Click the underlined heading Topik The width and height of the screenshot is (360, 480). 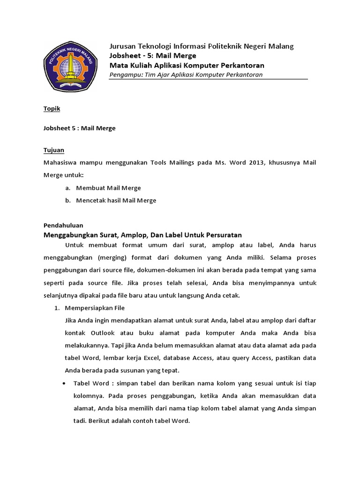(x=52, y=109)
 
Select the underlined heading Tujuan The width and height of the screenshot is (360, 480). (x=53, y=150)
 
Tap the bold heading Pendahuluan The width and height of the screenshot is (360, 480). (x=63, y=225)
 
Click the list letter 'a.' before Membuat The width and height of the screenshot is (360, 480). (x=68, y=188)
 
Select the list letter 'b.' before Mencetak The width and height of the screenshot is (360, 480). (x=68, y=200)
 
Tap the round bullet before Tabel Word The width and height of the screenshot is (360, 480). (x=64, y=383)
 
